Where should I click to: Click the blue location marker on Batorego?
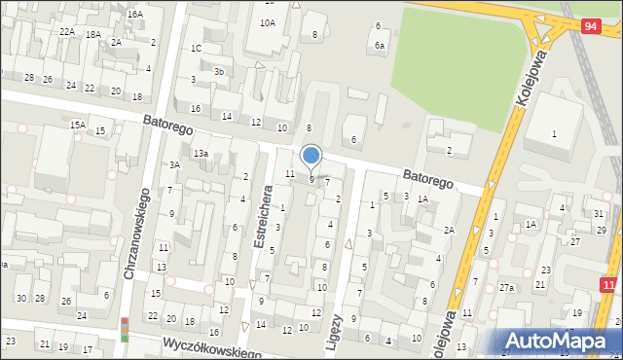click(x=311, y=155)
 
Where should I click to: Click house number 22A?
click(x=66, y=32)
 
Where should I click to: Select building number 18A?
click(x=93, y=34)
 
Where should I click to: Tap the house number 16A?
click(x=134, y=14)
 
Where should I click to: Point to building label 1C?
click(x=196, y=48)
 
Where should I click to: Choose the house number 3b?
click(x=220, y=71)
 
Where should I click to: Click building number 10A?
click(x=267, y=22)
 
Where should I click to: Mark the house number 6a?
click(x=380, y=45)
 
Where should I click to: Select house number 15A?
click(x=78, y=125)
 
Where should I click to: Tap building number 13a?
click(x=201, y=153)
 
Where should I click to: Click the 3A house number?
click(x=174, y=165)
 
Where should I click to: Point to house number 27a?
click(x=506, y=288)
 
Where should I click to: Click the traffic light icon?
click(x=124, y=329)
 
